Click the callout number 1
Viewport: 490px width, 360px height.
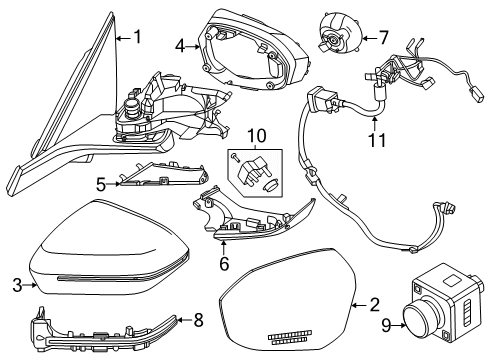tap(137, 37)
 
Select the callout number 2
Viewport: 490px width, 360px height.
tap(375, 305)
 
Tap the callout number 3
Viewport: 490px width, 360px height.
tap(17, 285)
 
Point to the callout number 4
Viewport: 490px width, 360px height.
tap(180, 46)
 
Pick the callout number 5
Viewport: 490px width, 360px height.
tap(101, 184)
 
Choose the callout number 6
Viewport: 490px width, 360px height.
tap(224, 263)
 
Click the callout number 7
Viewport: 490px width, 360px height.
tap(384, 38)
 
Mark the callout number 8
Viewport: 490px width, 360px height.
tap(199, 320)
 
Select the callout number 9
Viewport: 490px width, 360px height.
tap(386, 325)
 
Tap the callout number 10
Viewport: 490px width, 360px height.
tap(256, 136)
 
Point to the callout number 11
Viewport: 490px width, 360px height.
tap(377, 140)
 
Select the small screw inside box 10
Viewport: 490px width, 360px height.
tap(236, 157)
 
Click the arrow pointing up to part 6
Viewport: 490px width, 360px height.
tap(224, 247)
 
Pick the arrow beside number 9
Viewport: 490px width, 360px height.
tap(399, 325)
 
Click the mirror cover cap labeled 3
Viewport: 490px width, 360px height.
tap(109, 248)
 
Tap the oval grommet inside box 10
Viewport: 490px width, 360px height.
tap(270, 185)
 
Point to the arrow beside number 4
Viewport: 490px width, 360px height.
tap(193, 47)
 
